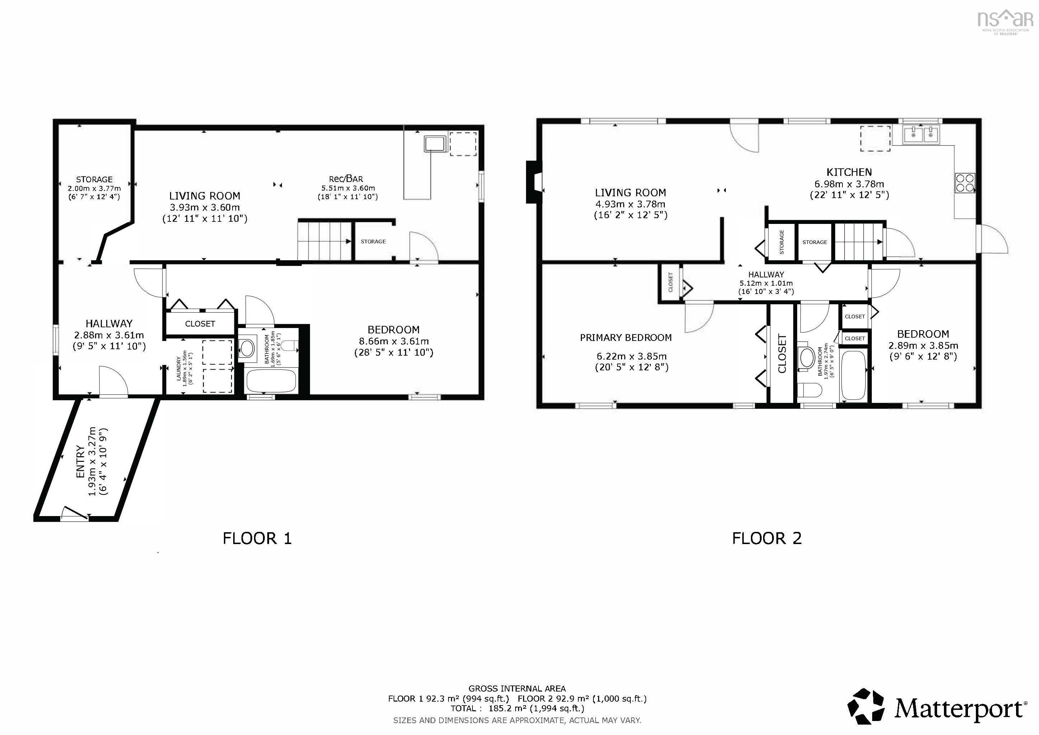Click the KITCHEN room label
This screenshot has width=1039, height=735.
coord(848,172)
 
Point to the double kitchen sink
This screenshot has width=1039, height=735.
coord(921,135)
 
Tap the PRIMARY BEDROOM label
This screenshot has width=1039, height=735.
coord(625,338)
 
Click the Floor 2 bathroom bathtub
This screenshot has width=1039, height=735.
coord(853,376)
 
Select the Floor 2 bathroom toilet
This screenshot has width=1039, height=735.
coord(809,390)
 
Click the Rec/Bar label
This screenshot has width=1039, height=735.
coord(346,179)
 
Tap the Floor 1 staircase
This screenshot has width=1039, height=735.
coord(324,241)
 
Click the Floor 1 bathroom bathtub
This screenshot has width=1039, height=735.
coord(271,381)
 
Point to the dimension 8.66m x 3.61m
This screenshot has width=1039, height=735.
coord(394,341)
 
